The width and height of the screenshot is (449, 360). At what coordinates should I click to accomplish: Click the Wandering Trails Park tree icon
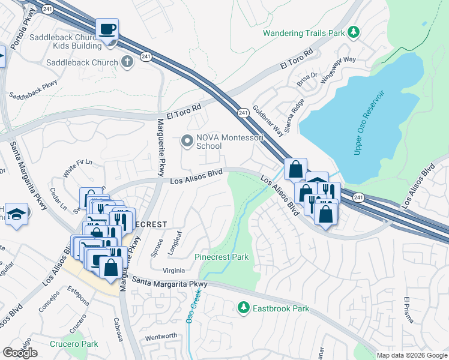pos(354,32)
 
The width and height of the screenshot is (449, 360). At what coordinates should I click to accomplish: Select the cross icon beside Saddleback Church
pos(127,62)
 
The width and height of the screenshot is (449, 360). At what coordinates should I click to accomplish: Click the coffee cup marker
pos(107,29)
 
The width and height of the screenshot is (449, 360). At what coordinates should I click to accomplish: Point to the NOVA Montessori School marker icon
pos(187,141)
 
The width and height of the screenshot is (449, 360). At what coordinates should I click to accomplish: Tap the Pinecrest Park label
pos(221,257)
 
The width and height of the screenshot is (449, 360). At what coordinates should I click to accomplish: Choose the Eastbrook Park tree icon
pos(243,308)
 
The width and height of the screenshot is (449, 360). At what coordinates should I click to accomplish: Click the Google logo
pos(20,353)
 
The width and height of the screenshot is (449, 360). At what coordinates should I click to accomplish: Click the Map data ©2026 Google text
pos(412,355)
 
